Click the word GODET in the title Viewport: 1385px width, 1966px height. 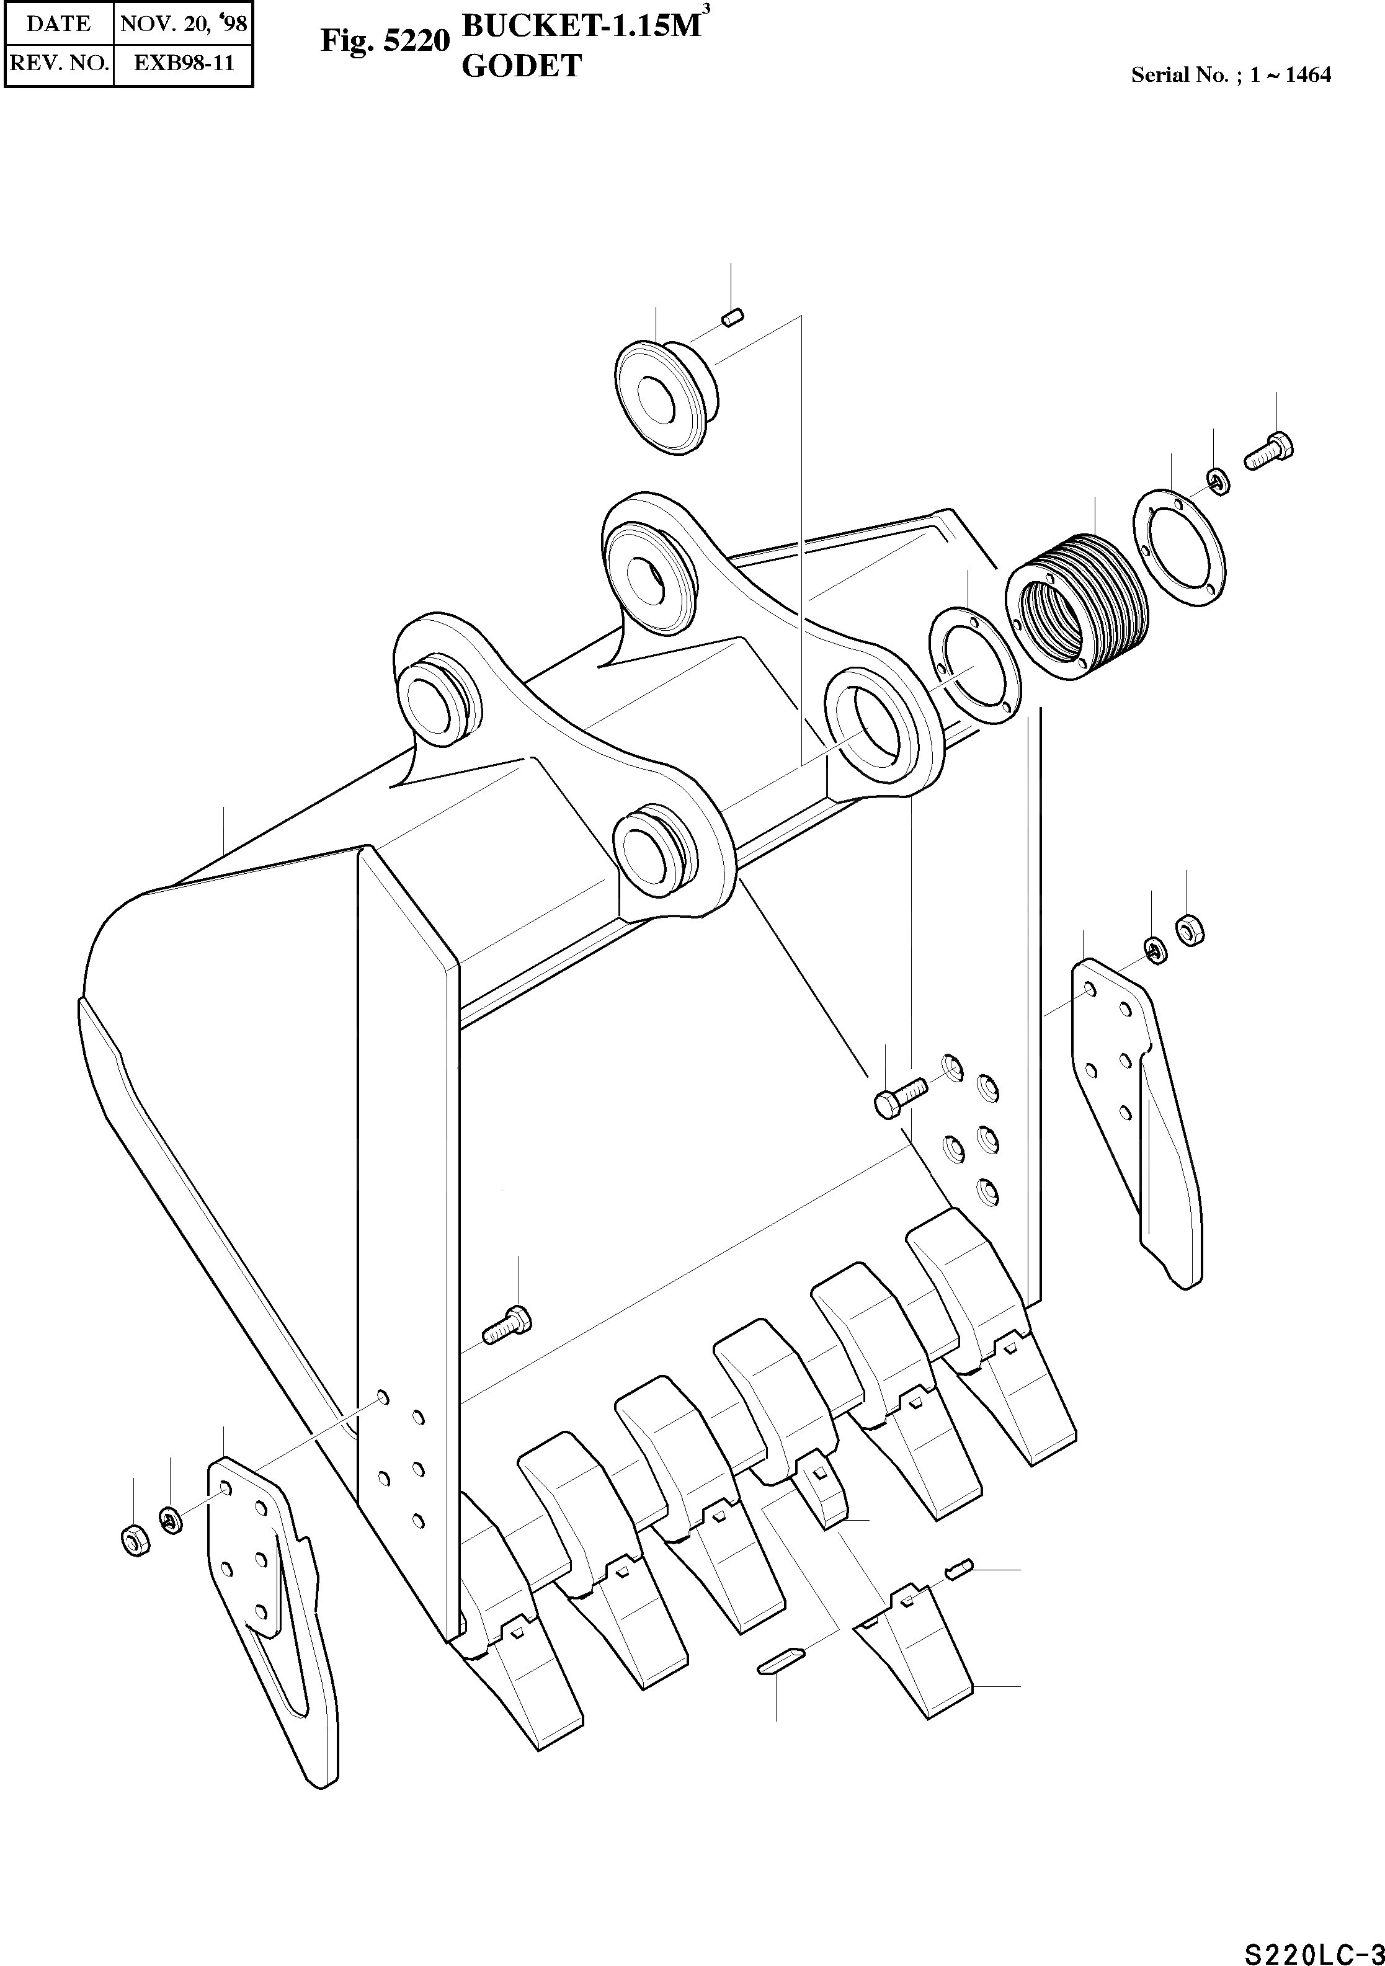(x=522, y=66)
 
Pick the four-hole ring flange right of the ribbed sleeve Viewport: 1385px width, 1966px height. (x=1180, y=548)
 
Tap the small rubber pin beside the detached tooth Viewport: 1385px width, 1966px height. (x=958, y=1568)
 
